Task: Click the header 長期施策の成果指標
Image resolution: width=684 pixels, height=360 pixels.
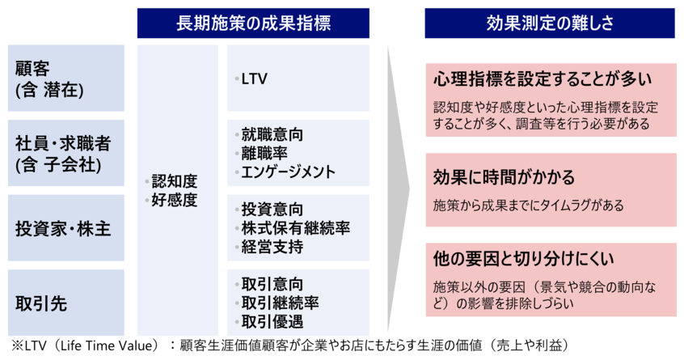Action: tap(253, 23)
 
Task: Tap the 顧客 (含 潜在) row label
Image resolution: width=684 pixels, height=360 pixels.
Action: tap(49, 78)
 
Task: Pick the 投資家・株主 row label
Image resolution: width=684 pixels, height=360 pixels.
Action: tap(62, 229)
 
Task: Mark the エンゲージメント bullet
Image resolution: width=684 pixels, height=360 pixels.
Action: tap(288, 172)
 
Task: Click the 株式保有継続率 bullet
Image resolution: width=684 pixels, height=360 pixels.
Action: tap(295, 228)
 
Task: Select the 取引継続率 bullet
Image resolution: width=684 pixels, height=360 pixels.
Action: tap(280, 303)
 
